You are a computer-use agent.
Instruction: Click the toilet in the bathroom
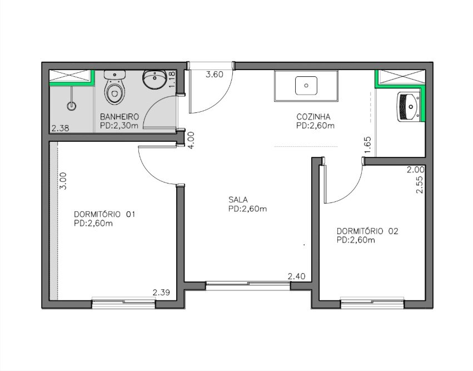(x=114, y=87)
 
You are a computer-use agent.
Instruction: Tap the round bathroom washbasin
(x=154, y=80)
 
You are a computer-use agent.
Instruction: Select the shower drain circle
(x=72, y=106)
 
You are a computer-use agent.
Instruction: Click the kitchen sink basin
(x=306, y=86)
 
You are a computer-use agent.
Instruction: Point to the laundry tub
(x=408, y=107)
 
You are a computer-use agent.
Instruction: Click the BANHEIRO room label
(x=120, y=116)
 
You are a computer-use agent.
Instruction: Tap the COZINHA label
(x=313, y=116)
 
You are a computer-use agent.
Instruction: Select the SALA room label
(x=238, y=200)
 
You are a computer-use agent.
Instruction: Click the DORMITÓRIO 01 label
(x=104, y=214)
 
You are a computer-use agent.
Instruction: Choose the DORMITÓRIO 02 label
(x=367, y=231)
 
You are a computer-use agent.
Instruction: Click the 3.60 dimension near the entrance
(x=215, y=75)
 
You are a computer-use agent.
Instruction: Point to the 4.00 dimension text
(x=191, y=140)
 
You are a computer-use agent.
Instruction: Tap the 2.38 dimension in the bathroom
(x=61, y=128)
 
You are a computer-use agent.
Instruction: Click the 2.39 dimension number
(x=161, y=292)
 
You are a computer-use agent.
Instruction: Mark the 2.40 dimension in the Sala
(x=297, y=276)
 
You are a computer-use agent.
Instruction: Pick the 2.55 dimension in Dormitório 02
(x=419, y=185)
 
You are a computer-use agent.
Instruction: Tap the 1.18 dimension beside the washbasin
(x=172, y=80)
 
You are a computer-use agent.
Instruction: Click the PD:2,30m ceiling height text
(x=119, y=126)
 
